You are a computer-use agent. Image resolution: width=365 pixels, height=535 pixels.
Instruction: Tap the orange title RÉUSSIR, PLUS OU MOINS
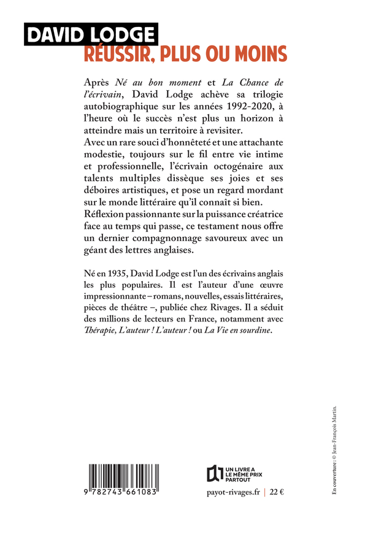pos(185,55)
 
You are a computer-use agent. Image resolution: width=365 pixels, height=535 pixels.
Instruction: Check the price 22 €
pos(278,494)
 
